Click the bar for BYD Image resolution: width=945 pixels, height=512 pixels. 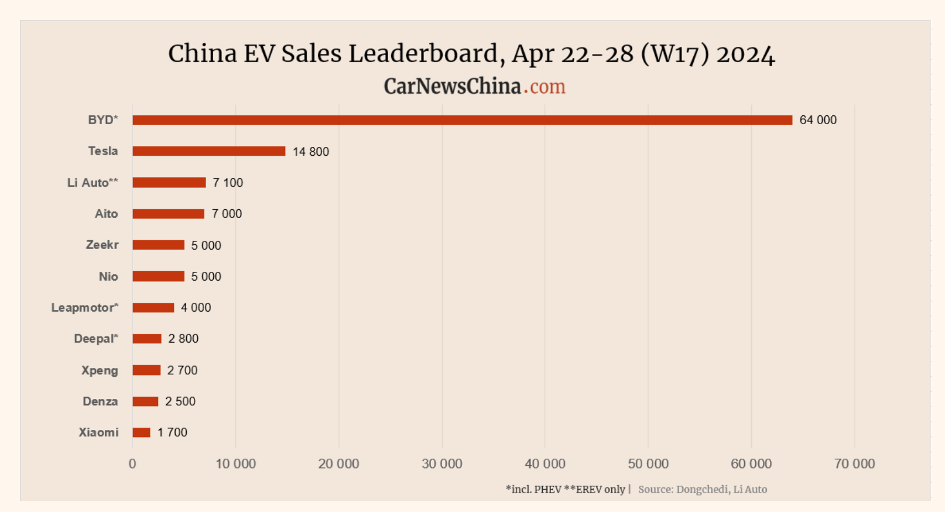click(462, 120)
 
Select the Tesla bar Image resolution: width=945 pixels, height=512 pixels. click(208, 151)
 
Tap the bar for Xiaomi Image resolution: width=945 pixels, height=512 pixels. click(141, 432)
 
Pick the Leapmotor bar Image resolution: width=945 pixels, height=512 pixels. click(153, 308)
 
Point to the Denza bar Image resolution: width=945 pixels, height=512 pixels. click(145, 401)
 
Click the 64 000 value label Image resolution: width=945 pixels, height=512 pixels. click(818, 120)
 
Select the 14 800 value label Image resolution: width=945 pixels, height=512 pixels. click(311, 152)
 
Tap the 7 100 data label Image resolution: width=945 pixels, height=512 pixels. click(228, 183)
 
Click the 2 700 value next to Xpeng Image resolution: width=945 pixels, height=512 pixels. click(182, 370)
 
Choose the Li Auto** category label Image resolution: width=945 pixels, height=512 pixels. click(93, 183)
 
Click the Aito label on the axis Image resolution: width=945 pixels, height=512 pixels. click(106, 214)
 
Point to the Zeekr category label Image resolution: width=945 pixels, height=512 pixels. click(102, 245)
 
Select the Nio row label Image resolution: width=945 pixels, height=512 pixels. click(108, 277)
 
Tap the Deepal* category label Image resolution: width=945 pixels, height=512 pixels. click(96, 339)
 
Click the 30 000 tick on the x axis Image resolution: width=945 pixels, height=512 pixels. click(442, 464)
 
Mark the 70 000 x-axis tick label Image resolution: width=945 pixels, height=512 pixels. click(854, 464)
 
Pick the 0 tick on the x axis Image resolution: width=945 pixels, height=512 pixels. click(132, 464)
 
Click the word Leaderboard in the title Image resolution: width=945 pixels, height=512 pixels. click(423, 54)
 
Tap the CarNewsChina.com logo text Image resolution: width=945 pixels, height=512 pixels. click(474, 87)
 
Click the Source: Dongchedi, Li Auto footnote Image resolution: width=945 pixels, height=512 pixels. click(703, 489)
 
